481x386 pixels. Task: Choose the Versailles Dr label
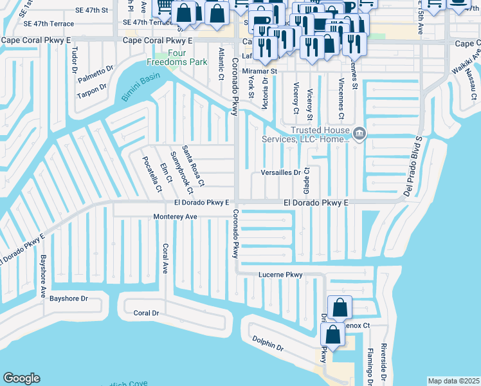pyautogui.click(x=281, y=172)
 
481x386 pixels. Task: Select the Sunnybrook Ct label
pyautogui.click(x=180, y=172)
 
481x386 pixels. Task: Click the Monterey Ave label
pyautogui.click(x=175, y=217)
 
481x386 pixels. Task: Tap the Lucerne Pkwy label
pyautogui.click(x=280, y=275)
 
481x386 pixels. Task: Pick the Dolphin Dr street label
pyautogui.click(x=268, y=344)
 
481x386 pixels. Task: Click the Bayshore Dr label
pyautogui.click(x=69, y=299)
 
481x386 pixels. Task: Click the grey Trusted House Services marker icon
pyautogui.click(x=359, y=134)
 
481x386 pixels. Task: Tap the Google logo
pyautogui.click(x=21, y=378)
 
